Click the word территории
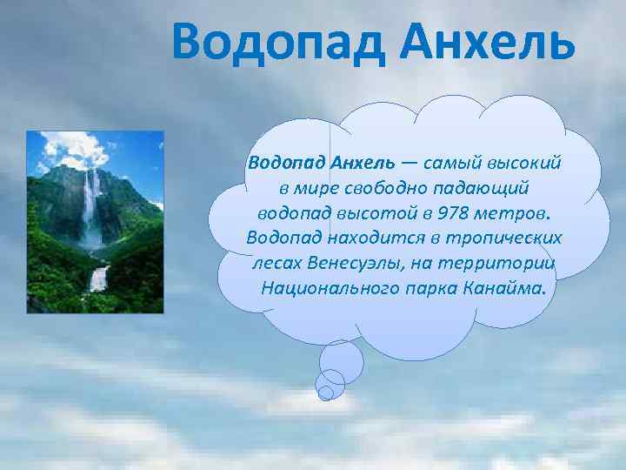[x=504, y=263]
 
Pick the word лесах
[x=278, y=263]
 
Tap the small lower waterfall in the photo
[x=99, y=279]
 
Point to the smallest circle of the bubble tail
[x=326, y=393]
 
